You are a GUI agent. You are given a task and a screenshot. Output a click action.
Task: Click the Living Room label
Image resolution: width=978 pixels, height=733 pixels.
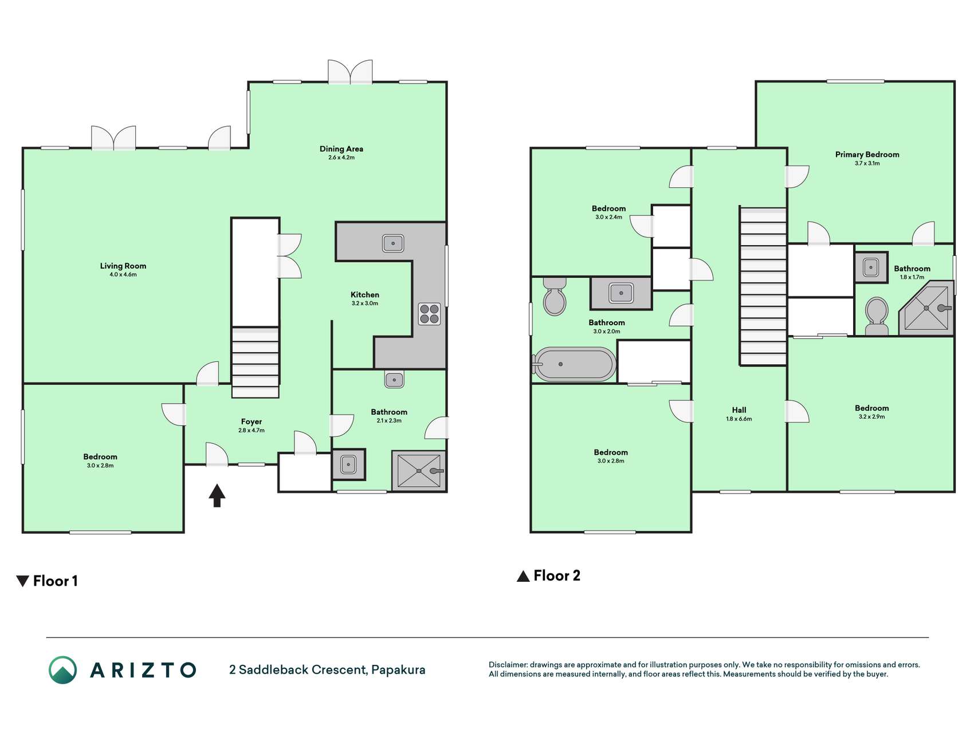[123, 266]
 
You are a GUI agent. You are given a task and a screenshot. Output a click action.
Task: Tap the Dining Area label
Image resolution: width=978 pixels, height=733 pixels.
[341, 149]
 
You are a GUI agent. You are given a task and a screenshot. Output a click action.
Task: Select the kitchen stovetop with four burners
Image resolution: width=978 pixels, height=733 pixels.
[429, 314]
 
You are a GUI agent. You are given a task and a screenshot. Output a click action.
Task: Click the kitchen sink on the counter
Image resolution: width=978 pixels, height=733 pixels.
[393, 243]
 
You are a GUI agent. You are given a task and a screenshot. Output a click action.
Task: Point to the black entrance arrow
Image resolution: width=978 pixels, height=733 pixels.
[217, 495]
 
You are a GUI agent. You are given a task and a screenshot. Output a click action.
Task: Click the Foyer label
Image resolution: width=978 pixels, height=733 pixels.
[252, 421]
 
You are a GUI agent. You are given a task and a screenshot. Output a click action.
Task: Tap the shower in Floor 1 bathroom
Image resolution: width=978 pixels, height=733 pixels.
[419, 471]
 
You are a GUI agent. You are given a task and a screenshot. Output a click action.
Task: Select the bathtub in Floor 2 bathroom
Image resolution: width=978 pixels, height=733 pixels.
[574, 364]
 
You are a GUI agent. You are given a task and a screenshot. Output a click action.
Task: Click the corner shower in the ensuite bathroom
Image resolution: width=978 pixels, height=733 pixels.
[926, 308]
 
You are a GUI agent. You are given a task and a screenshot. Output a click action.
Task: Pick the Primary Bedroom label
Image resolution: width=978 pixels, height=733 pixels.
[867, 155]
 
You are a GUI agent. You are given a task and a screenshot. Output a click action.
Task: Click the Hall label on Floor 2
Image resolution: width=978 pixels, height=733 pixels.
[739, 410]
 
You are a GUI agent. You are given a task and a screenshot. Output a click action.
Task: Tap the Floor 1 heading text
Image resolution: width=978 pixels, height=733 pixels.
[55, 581]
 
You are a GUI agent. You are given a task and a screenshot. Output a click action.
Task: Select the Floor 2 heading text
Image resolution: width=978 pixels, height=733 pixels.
[557, 576]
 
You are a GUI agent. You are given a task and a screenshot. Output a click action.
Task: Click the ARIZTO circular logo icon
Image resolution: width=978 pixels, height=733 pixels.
[62, 670]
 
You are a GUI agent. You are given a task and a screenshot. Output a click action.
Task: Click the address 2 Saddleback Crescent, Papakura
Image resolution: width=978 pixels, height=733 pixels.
[327, 669]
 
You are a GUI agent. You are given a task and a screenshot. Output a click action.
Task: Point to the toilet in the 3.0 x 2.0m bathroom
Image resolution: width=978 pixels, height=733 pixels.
[555, 297]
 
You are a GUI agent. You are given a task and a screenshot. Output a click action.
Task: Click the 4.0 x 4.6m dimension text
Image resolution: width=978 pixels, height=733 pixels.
[123, 275]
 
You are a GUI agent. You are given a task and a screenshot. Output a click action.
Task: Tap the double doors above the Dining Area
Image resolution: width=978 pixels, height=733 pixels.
[350, 72]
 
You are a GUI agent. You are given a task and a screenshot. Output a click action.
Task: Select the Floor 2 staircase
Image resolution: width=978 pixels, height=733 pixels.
[763, 286]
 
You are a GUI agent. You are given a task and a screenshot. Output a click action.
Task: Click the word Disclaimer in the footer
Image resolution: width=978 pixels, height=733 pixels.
[508, 665]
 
